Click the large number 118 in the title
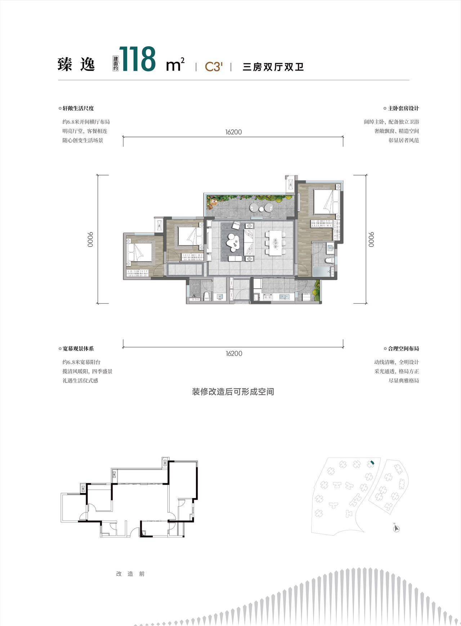coord(138,59)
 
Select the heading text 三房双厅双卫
coord(273,67)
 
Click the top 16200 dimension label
coord(233,132)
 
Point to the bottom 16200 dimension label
coord(234,354)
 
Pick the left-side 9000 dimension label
coord(90,239)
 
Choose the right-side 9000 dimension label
coord(371,239)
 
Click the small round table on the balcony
coord(254,207)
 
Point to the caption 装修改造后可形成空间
coord(233,391)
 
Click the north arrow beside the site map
coord(397,528)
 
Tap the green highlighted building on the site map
coord(372,462)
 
